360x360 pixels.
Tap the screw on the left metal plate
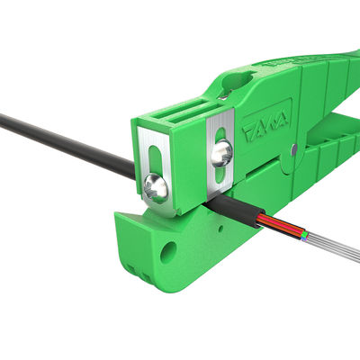point(154,186)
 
